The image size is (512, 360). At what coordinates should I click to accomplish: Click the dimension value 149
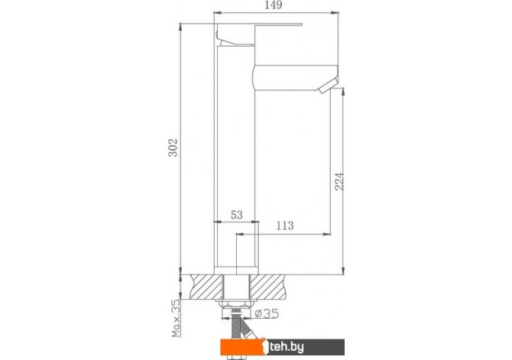click(x=274, y=5)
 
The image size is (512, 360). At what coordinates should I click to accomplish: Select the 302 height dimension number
click(x=173, y=148)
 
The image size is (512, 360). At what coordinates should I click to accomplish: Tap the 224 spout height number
click(x=339, y=182)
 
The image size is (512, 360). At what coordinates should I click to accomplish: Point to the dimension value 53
click(x=237, y=215)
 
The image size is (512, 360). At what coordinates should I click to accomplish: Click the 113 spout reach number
click(x=285, y=225)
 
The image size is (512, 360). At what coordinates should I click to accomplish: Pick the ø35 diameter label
click(x=267, y=313)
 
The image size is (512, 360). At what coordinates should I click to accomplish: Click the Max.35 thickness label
click(x=176, y=318)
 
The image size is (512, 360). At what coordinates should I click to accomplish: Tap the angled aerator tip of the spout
click(x=329, y=86)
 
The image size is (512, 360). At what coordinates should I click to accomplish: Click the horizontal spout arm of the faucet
click(x=295, y=77)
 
